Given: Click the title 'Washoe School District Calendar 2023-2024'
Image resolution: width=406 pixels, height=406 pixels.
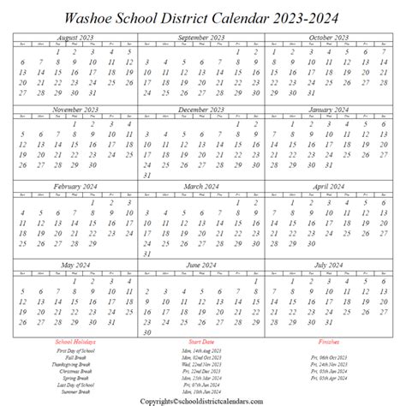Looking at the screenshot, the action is pos(203,16).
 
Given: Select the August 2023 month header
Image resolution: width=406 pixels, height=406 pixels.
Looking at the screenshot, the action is pos(74,38).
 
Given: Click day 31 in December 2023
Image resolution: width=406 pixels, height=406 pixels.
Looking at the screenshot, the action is pos(147,176).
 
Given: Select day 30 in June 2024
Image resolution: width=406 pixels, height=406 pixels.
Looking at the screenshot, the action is pos(147,331).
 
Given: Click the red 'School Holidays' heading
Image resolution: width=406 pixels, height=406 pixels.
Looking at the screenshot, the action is pos(74,341).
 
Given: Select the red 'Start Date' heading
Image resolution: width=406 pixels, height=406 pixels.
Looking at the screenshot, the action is pos(202,341).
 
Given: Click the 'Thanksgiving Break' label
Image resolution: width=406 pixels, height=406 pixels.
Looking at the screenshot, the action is pos(74,363).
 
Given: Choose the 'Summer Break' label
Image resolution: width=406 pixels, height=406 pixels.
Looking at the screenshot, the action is pos(74,391).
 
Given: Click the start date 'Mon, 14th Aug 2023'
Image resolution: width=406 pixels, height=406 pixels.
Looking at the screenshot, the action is pos(203,350).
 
